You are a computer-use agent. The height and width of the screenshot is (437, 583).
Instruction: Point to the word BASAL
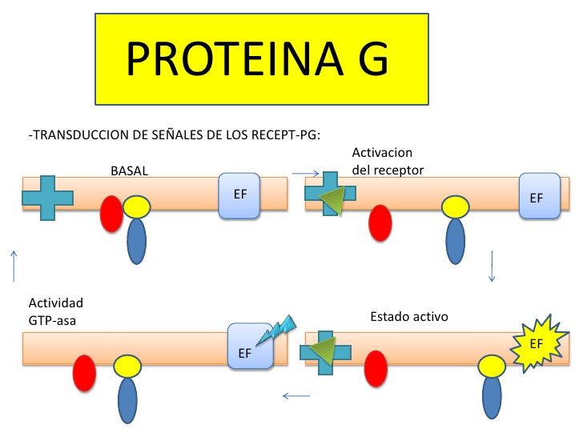click(130, 170)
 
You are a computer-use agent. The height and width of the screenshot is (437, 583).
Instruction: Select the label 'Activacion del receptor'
click(388, 161)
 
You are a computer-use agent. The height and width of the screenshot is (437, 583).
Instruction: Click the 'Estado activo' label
click(409, 317)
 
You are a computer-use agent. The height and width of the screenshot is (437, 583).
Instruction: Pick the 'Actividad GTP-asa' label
click(56, 311)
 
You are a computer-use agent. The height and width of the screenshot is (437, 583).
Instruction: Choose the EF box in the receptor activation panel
click(537, 196)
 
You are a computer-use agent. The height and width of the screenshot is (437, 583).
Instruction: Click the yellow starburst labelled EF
click(538, 344)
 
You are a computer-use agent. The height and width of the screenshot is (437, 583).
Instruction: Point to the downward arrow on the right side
click(492, 267)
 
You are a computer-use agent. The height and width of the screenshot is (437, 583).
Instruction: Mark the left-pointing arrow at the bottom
click(296, 395)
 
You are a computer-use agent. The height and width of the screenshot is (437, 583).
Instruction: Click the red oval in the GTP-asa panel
click(84, 372)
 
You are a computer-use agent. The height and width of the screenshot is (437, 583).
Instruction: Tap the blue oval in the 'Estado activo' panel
click(492, 395)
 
